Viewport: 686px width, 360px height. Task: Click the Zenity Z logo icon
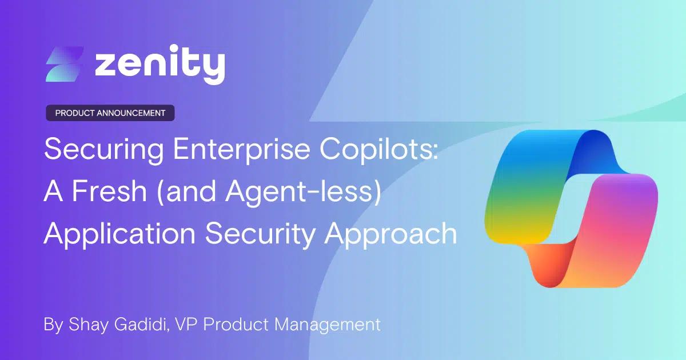(x=65, y=63)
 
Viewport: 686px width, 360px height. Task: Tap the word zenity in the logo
(x=159, y=65)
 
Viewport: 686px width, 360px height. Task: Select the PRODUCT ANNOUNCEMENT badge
(x=110, y=113)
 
